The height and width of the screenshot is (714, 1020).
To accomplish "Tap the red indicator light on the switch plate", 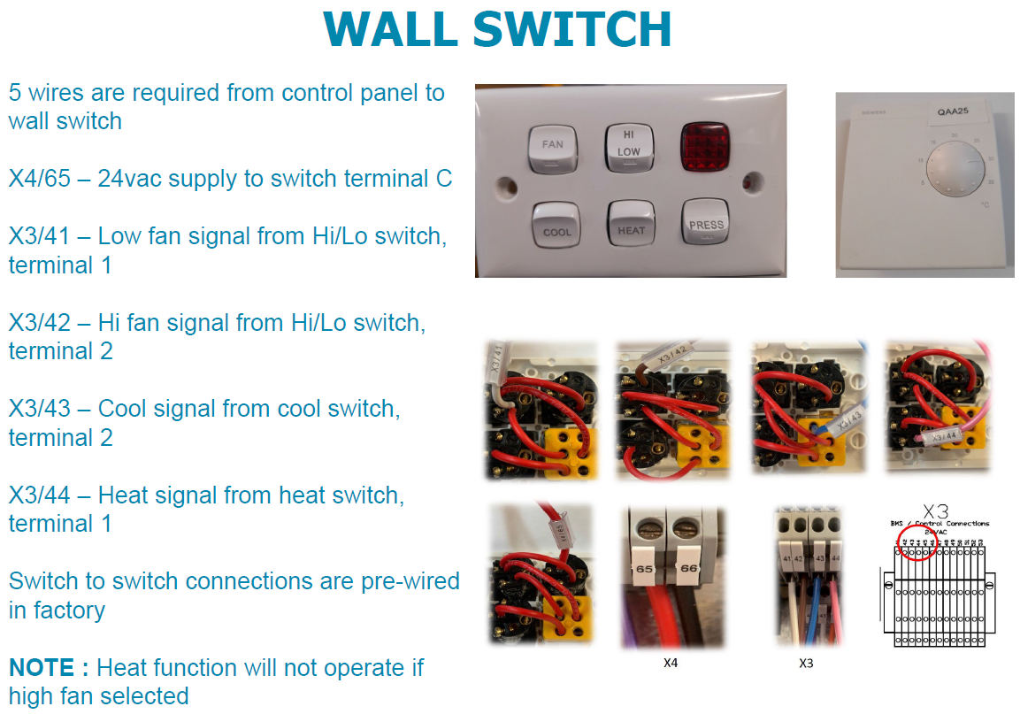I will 703,145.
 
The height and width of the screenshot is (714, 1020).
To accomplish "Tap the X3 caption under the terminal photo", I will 806,662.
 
